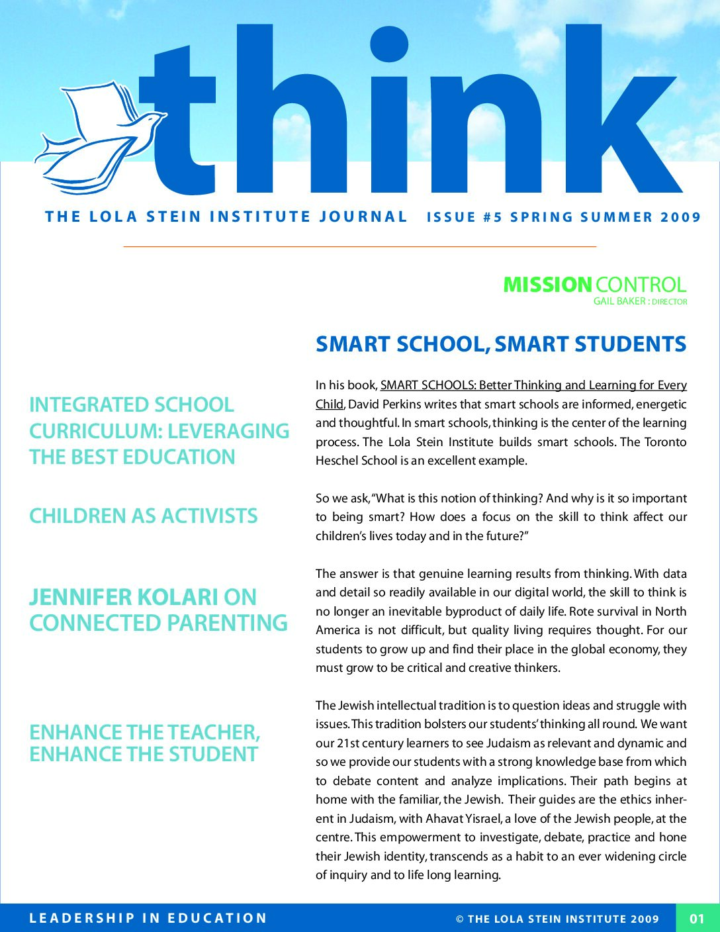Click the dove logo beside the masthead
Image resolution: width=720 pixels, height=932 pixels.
tap(99, 139)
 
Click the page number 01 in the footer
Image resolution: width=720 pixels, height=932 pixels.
tap(697, 918)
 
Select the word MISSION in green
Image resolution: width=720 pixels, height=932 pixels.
tap(547, 285)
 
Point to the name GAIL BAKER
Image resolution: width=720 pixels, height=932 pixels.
tap(619, 301)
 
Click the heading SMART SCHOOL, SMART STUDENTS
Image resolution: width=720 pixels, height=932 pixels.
tap(501, 344)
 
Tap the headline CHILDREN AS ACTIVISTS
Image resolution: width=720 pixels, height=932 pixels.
tap(144, 516)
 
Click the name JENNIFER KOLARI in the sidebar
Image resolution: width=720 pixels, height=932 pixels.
tap(123, 597)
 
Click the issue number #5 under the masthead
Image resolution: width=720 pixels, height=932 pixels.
tap(493, 217)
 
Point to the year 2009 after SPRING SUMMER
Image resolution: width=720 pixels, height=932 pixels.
tap(680, 217)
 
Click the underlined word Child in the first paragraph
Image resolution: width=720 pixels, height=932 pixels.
tap(329, 404)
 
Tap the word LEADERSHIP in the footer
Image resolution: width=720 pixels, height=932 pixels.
tap(82, 918)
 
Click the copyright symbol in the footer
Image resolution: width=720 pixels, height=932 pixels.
tap(460, 919)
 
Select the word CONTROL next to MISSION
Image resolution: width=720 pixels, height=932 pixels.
tap(641, 285)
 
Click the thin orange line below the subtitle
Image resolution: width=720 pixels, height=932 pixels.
tap(360, 246)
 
